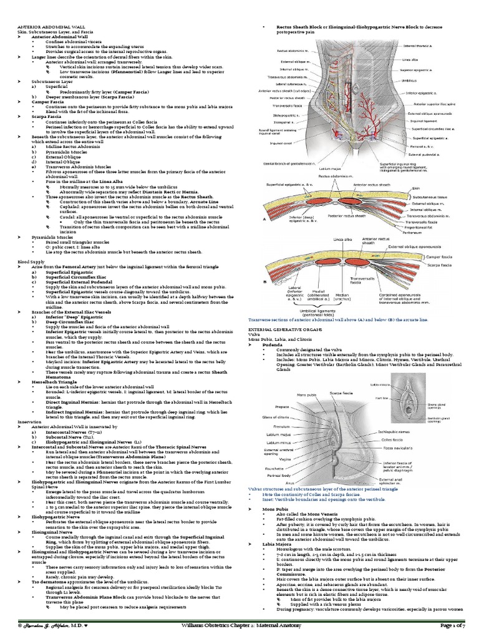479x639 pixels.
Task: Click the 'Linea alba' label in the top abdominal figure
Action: tap(409, 60)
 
